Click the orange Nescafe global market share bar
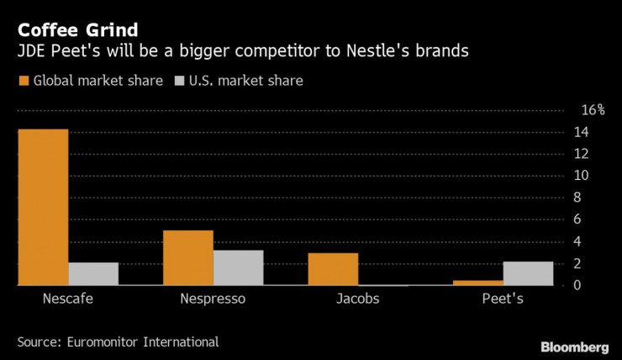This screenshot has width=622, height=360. [x=43, y=207]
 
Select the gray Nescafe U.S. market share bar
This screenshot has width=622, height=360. [x=93, y=274]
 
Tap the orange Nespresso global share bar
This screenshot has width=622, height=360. [x=188, y=258]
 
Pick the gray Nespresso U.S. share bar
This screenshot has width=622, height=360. [x=238, y=267]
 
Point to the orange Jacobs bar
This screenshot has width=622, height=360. [x=333, y=269]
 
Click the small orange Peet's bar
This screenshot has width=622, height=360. [x=478, y=283]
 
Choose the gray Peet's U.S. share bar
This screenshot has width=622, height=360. [x=528, y=273]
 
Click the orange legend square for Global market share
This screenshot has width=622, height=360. [x=24, y=81]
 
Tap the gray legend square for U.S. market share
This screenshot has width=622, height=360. [x=180, y=81]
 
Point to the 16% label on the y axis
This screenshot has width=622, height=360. [x=593, y=110]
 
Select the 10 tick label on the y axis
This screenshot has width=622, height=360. [x=581, y=176]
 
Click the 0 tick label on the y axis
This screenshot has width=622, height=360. [x=577, y=285]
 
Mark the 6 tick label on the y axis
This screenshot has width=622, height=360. [x=577, y=219]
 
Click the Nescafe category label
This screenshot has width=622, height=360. [x=68, y=299]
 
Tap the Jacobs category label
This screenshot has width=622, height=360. [x=358, y=299]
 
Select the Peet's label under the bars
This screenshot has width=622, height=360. [x=503, y=299]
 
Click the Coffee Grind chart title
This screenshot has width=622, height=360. [x=77, y=30]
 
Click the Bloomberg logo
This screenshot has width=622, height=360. [x=574, y=347]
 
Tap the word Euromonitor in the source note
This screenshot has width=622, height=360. [x=102, y=342]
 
